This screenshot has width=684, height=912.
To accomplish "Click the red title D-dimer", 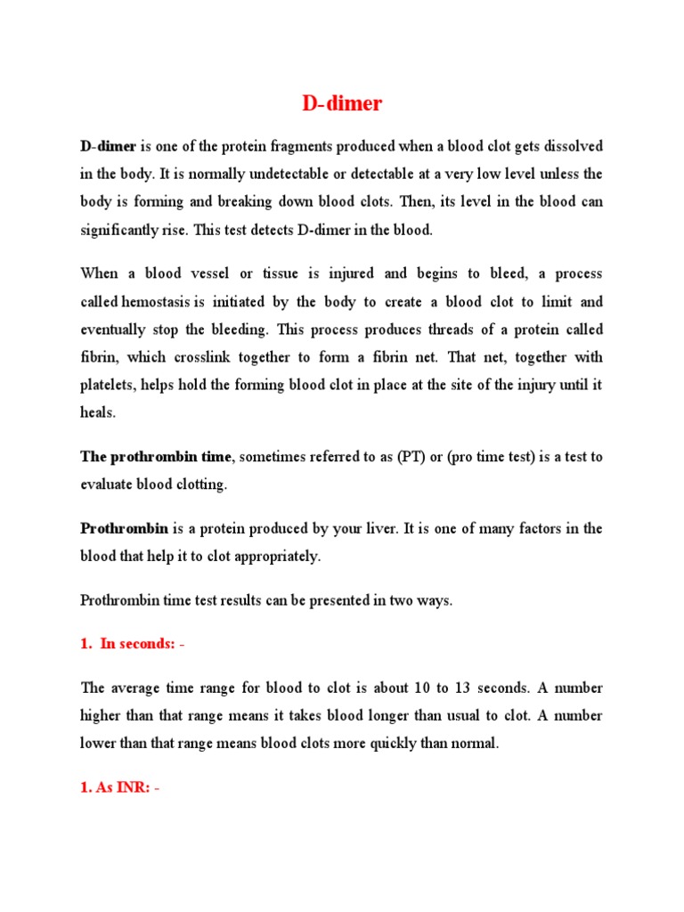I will click(342, 103).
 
